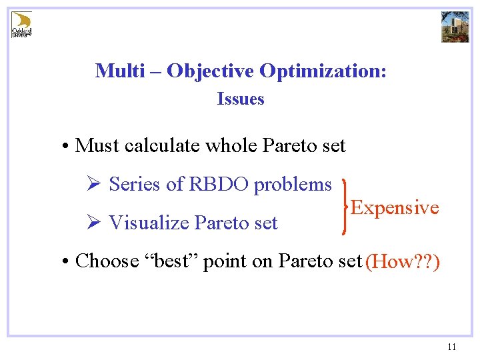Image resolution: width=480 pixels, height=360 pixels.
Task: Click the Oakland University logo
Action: [22, 24]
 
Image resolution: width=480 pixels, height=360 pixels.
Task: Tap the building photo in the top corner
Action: [455, 27]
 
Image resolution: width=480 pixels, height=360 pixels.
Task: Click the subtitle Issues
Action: [241, 99]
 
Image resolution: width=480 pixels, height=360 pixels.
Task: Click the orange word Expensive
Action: [395, 207]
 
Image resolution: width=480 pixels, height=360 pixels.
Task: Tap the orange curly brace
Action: [343, 207]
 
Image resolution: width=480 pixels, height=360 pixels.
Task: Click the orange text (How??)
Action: [402, 261]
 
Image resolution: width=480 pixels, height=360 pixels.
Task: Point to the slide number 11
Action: [451, 347]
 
